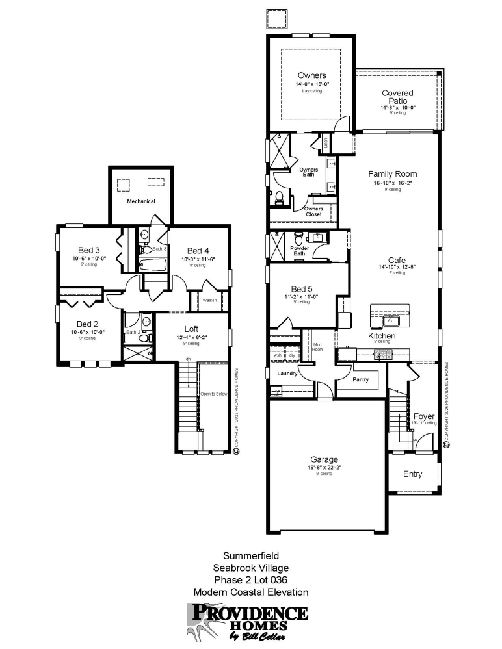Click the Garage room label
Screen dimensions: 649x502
coord(323,459)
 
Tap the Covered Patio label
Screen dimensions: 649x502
coord(397,97)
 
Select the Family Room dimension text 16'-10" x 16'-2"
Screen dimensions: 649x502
coord(392,183)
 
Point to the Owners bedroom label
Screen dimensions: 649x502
coord(311,75)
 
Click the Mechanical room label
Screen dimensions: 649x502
coord(140,201)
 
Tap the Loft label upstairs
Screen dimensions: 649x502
coord(191,329)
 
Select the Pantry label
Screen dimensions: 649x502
coord(361,379)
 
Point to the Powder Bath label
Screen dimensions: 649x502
coord(299,251)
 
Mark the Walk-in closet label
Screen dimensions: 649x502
coord(209,300)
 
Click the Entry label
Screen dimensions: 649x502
coord(412,474)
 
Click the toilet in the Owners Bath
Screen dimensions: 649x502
coord(279,197)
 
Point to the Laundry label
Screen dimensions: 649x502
coord(287,374)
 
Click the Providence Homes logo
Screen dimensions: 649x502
coord(247,620)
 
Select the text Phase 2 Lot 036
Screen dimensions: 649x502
coord(250,579)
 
